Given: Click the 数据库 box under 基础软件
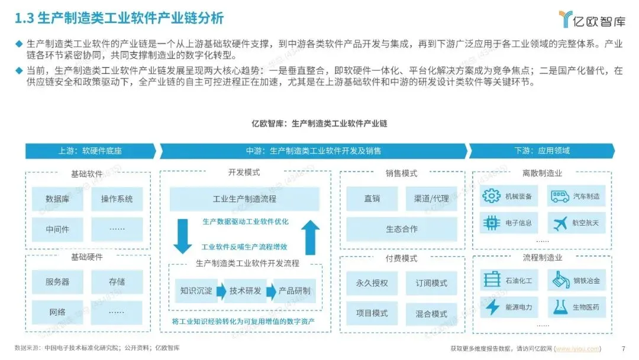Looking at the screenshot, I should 57,199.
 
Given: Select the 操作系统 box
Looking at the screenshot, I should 117,199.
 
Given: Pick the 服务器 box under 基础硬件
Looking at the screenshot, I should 57,282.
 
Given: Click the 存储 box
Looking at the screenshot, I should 117,282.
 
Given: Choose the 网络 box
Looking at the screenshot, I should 57,312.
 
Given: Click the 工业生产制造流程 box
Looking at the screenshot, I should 244,199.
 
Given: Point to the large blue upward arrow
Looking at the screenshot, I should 310,237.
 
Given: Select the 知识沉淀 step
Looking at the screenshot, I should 196,291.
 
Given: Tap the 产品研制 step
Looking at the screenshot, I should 294,291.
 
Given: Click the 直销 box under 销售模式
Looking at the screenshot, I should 372,199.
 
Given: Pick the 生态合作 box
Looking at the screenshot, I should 402,229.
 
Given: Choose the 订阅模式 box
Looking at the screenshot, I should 431,283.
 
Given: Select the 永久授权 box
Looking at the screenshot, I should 372,283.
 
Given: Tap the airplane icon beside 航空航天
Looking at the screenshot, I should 560,223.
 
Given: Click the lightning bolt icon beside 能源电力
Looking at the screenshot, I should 492,307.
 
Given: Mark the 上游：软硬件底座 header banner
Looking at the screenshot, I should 90,151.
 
